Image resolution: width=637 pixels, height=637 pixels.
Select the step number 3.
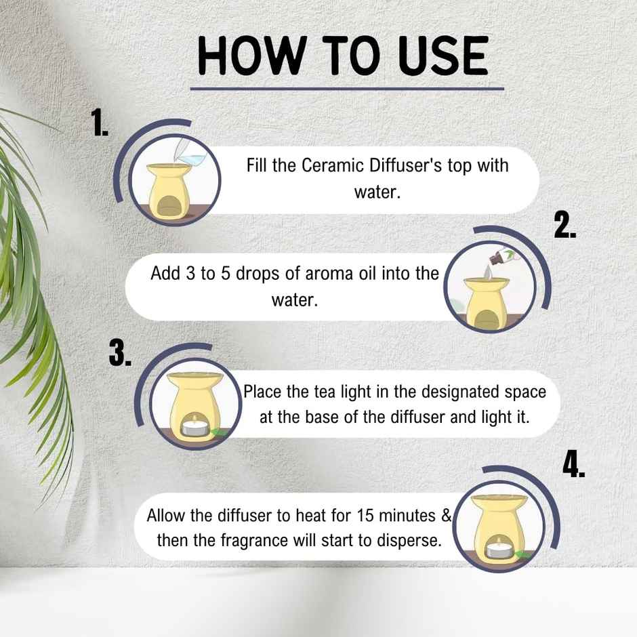click(x=120, y=353)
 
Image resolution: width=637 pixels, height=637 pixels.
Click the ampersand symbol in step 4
click(x=446, y=516)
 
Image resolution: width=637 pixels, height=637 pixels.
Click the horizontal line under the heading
click(x=347, y=88)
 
